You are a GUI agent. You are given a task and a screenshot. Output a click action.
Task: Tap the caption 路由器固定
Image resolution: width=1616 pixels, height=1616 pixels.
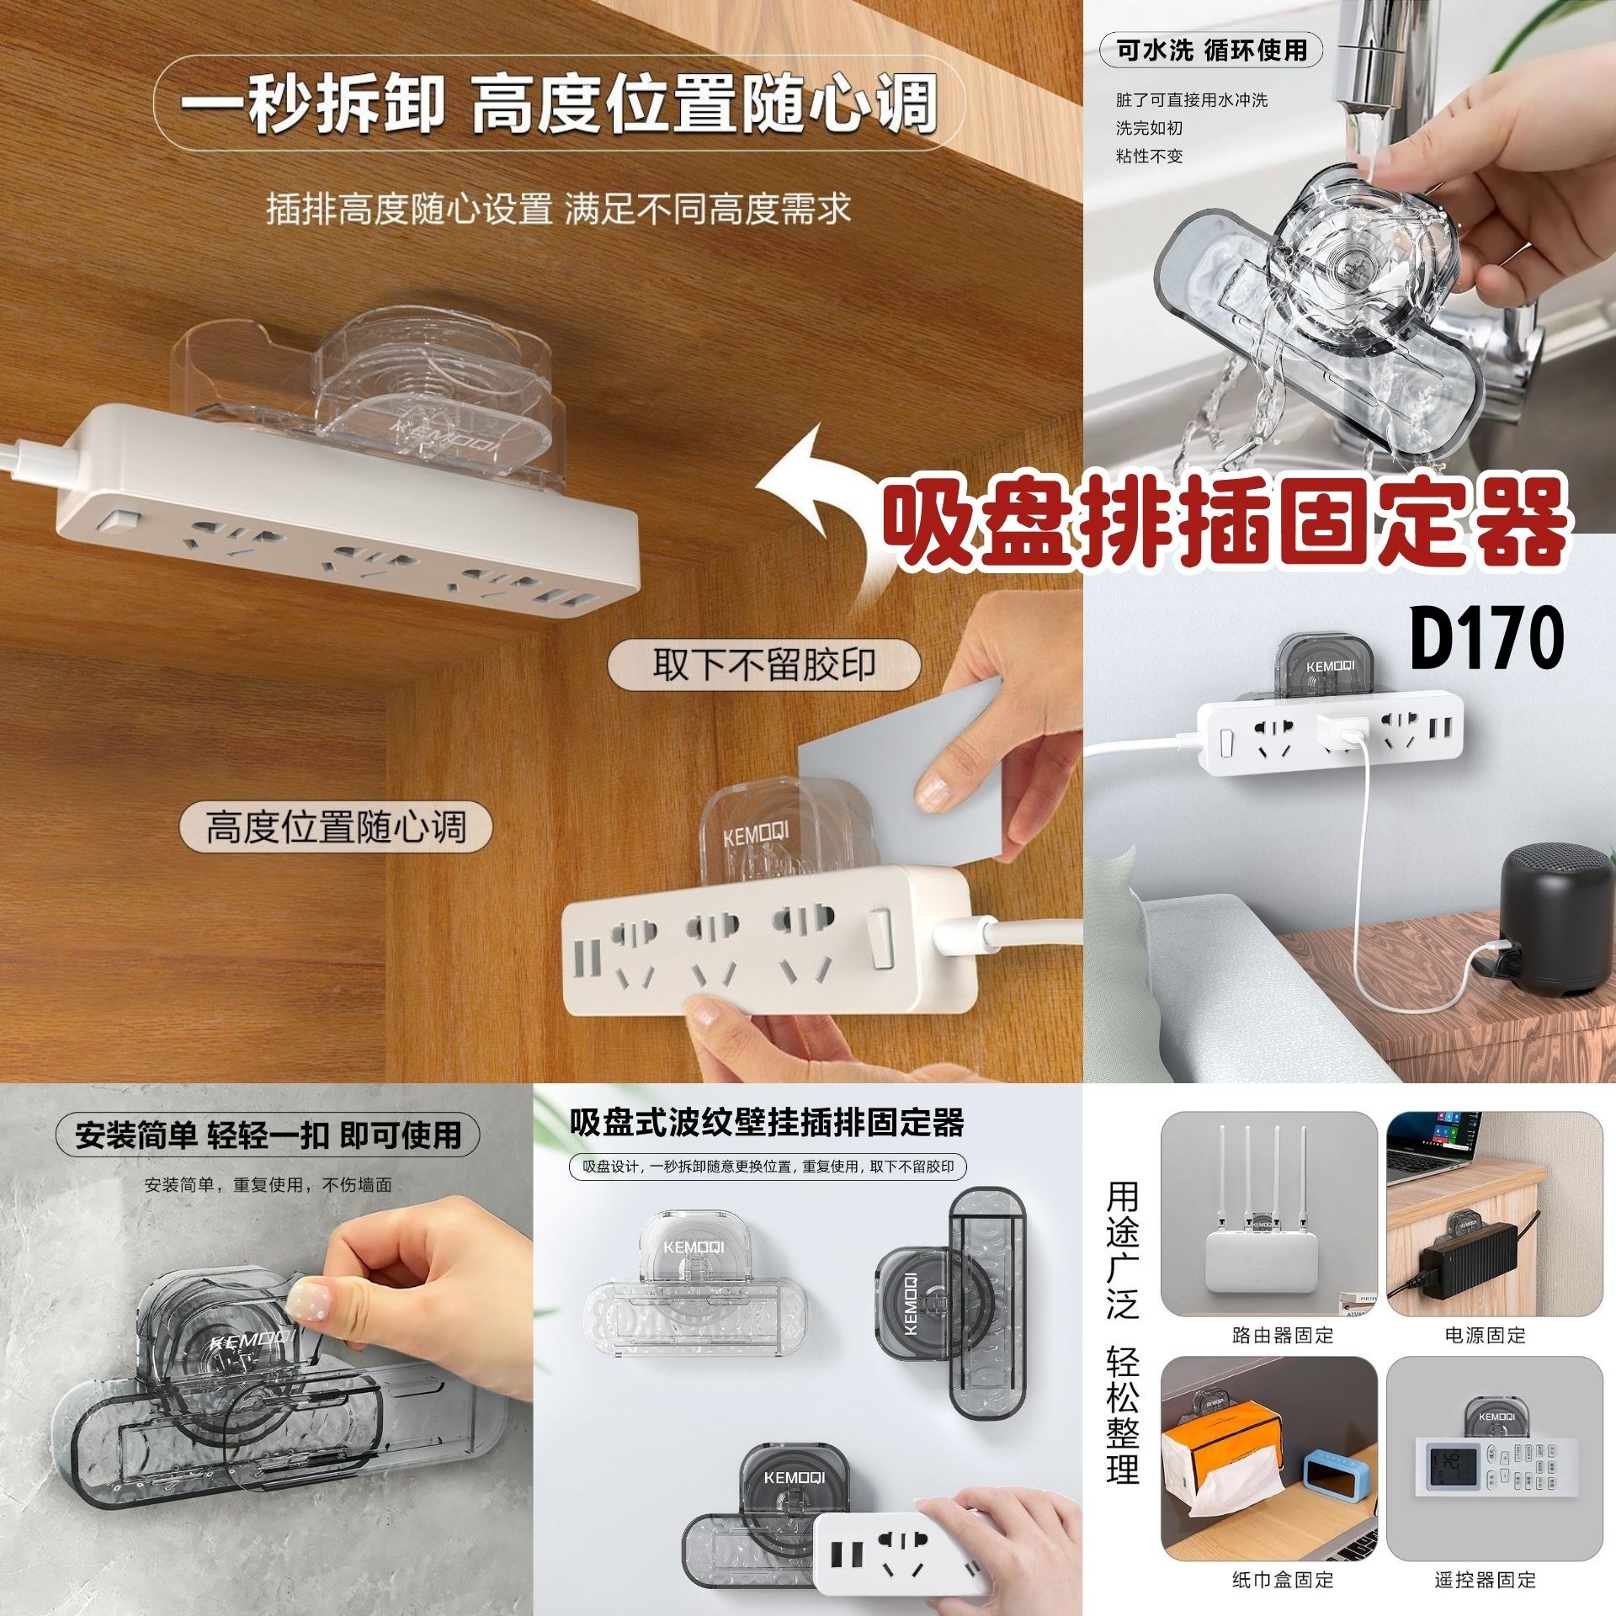1282,1335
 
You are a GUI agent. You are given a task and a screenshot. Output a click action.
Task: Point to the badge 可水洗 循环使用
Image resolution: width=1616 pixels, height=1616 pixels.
1212,50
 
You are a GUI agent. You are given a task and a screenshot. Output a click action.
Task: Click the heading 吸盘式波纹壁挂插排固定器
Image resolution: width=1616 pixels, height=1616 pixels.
766,1122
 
